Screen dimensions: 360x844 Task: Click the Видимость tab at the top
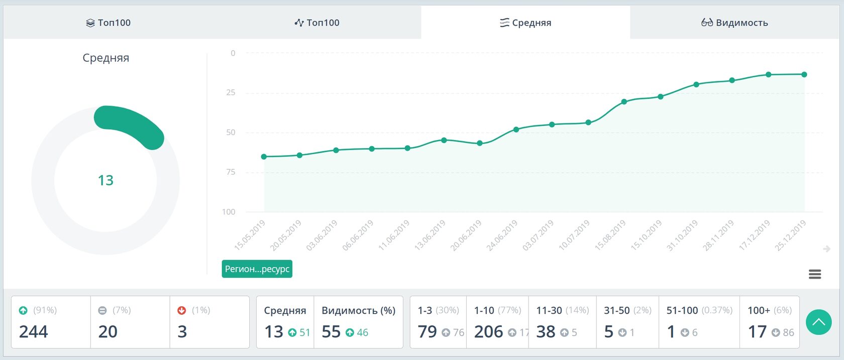(x=734, y=23)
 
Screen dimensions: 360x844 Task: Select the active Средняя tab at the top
(x=525, y=23)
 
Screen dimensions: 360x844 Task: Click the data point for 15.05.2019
(x=264, y=157)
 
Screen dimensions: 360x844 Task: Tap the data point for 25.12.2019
(x=804, y=74)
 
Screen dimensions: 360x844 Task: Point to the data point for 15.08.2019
(x=624, y=101)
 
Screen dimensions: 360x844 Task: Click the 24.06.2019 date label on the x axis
(x=502, y=235)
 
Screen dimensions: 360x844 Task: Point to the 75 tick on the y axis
(x=230, y=172)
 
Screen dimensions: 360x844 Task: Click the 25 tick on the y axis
(x=230, y=93)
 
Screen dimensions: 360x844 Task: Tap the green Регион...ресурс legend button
(x=257, y=269)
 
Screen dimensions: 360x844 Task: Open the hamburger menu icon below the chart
(x=815, y=274)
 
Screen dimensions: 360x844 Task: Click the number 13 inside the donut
(x=105, y=180)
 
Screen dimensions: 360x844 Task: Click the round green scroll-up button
(x=818, y=322)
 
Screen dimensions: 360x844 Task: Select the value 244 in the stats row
(x=34, y=332)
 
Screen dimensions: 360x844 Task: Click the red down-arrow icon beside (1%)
(x=182, y=311)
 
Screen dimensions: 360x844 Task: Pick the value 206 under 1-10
(x=488, y=332)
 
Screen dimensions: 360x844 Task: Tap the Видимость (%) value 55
(x=331, y=332)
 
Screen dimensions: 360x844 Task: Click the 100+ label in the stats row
(x=759, y=311)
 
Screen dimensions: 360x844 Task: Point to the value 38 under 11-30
(x=546, y=332)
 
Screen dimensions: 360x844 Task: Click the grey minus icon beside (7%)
(x=102, y=311)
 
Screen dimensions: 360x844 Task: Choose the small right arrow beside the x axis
(x=826, y=249)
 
